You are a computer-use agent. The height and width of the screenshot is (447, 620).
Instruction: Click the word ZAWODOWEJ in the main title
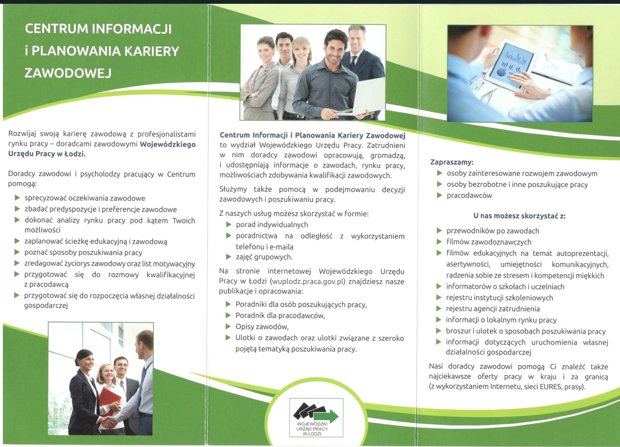[68, 73]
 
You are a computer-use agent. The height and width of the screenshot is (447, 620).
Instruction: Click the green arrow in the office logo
[327, 416]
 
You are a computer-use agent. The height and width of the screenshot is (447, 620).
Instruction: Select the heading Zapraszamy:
[452, 162]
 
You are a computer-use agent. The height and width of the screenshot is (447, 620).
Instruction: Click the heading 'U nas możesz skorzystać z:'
[519, 216]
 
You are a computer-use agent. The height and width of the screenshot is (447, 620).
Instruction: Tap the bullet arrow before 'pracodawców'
[439, 195]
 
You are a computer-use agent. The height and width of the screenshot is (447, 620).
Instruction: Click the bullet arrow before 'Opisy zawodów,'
[228, 326]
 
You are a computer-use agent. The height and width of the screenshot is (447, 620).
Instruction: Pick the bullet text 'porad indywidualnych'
[272, 224]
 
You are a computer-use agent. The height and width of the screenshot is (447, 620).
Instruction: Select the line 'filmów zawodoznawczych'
[489, 242]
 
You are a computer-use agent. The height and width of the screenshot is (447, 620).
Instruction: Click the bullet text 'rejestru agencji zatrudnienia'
[493, 309]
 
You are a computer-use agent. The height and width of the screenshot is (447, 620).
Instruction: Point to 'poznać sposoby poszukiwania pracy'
[83, 252]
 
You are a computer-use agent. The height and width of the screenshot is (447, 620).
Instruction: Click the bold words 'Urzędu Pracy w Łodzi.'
[47, 154]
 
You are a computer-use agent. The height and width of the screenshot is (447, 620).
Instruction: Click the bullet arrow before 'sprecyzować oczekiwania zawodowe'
[17, 198]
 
